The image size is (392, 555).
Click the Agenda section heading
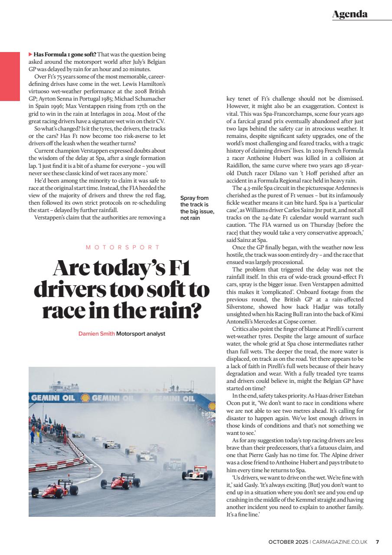point(350,14)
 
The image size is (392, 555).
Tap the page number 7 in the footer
point(377,542)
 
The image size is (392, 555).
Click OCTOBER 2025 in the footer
point(288,542)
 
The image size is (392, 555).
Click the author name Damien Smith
point(96,333)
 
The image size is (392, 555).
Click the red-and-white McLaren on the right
point(196,473)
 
